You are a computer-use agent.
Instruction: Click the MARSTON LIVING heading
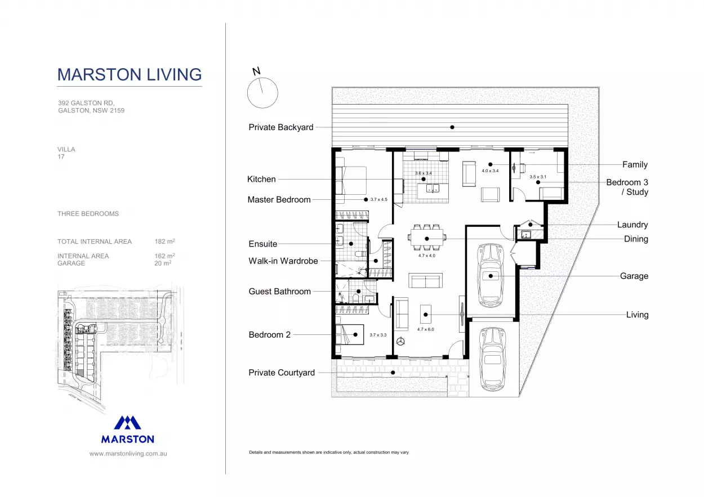point(130,74)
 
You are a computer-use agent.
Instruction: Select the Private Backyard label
point(281,127)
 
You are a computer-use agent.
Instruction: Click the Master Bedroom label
point(279,200)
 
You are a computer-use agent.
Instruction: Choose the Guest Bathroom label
point(280,292)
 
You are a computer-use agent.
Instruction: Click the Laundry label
point(632,225)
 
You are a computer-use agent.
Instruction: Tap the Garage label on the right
point(634,276)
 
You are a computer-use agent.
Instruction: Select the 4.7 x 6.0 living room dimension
point(425,329)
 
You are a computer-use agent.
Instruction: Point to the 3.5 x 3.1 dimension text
point(538,177)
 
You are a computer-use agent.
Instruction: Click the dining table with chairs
point(427,238)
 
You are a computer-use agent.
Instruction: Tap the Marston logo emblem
point(127,423)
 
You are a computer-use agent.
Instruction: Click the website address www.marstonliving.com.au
point(128,454)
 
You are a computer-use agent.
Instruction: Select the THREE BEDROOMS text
point(88,214)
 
